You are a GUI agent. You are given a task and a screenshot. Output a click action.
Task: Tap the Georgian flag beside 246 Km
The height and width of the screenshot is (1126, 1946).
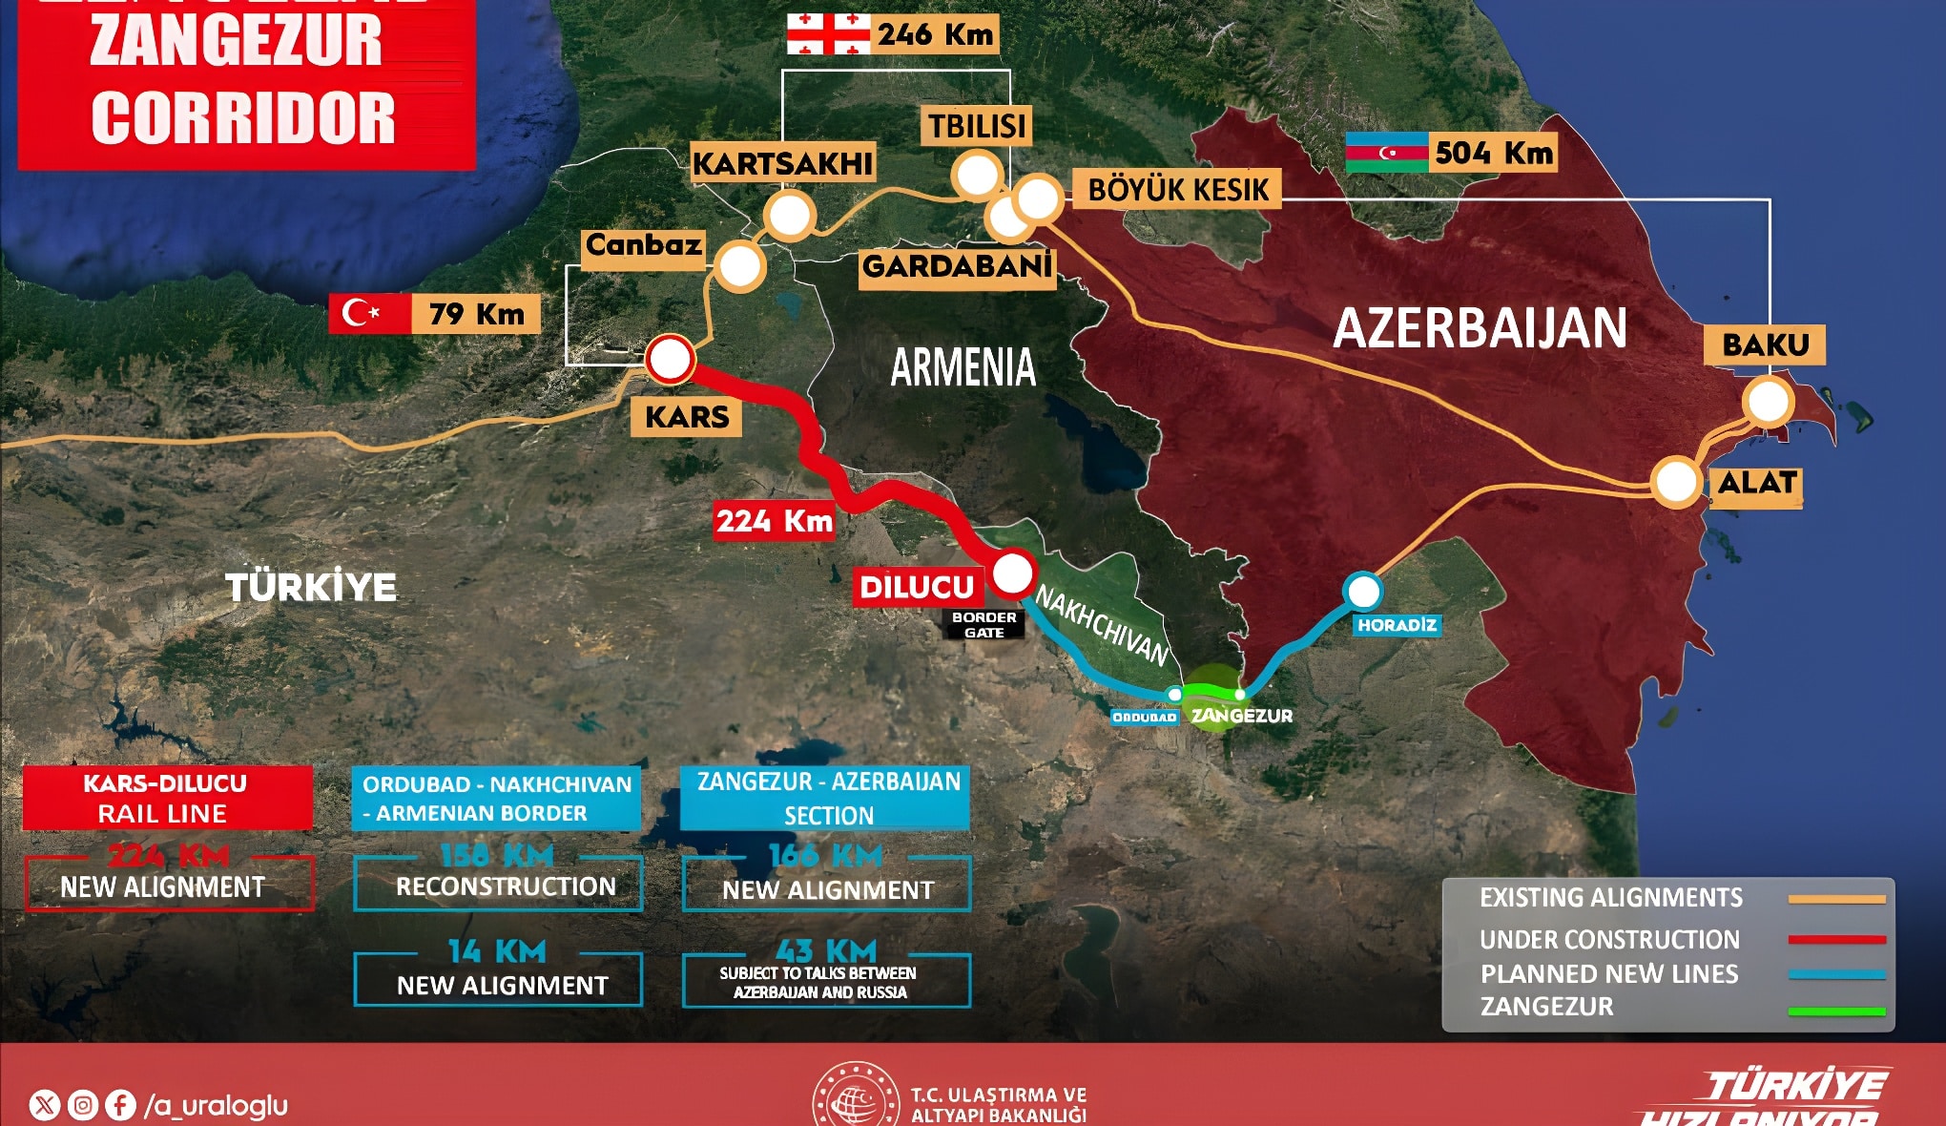click(826, 34)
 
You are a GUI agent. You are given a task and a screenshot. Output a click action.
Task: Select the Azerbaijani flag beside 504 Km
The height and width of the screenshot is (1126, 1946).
click(1386, 153)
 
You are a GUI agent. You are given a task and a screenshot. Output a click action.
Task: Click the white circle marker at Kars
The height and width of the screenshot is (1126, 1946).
click(670, 360)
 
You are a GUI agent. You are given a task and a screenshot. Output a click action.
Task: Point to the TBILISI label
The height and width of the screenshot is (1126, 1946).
click(977, 126)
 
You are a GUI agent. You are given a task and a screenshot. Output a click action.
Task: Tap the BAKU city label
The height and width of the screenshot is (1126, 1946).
click(1765, 344)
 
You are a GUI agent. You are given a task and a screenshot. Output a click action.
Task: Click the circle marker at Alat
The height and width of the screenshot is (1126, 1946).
click(1676, 481)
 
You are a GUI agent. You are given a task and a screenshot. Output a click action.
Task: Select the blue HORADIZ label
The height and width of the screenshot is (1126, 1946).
click(1397, 625)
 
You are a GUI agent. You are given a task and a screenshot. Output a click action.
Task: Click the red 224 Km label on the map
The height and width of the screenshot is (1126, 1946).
click(775, 521)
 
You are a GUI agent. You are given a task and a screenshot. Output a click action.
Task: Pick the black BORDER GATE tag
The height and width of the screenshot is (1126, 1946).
click(983, 625)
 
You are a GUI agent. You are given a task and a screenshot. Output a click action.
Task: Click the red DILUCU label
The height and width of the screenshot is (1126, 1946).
click(917, 587)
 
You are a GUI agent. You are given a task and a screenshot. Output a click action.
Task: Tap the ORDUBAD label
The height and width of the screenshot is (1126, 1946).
click(1144, 717)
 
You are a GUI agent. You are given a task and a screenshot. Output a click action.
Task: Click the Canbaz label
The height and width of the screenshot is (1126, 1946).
click(644, 245)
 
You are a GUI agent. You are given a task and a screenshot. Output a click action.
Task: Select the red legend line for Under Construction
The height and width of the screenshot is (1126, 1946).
click(1836, 940)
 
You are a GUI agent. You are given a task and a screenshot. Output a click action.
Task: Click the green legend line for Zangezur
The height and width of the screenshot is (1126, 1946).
click(1836, 1011)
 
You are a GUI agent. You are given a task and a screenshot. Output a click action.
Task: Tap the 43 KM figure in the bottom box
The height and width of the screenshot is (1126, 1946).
click(826, 951)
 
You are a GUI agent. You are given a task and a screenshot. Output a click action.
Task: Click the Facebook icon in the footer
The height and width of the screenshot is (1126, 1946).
click(120, 1105)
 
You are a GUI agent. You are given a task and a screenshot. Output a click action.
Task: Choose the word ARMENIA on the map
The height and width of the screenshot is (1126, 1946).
click(963, 367)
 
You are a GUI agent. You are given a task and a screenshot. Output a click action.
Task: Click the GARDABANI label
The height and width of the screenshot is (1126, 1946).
click(957, 266)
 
